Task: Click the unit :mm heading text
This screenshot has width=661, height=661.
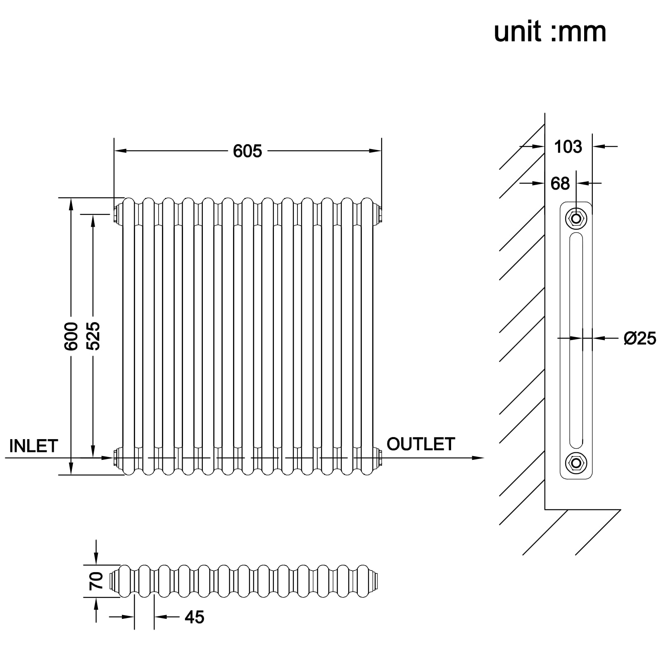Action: click(x=550, y=32)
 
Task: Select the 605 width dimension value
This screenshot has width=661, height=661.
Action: click(x=247, y=151)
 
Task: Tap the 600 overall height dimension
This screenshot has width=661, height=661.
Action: click(x=71, y=336)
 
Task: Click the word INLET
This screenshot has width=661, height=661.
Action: click(x=33, y=446)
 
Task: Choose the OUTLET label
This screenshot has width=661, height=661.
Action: click(x=421, y=444)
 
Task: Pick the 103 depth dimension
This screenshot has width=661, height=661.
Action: click(x=568, y=147)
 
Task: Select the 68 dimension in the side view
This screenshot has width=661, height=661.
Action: click(x=560, y=183)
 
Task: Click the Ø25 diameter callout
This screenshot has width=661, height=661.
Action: click(x=640, y=338)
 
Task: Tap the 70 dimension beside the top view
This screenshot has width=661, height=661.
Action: click(x=96, y=580)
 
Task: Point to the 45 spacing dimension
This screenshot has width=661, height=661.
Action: click(x=195, y=617)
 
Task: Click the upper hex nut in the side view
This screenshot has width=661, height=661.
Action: click(x=576, y=219)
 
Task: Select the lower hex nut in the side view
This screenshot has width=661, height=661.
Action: click(x=576, y=463)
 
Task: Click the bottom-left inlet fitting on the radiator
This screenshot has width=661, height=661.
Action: click(x=117, y=457)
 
